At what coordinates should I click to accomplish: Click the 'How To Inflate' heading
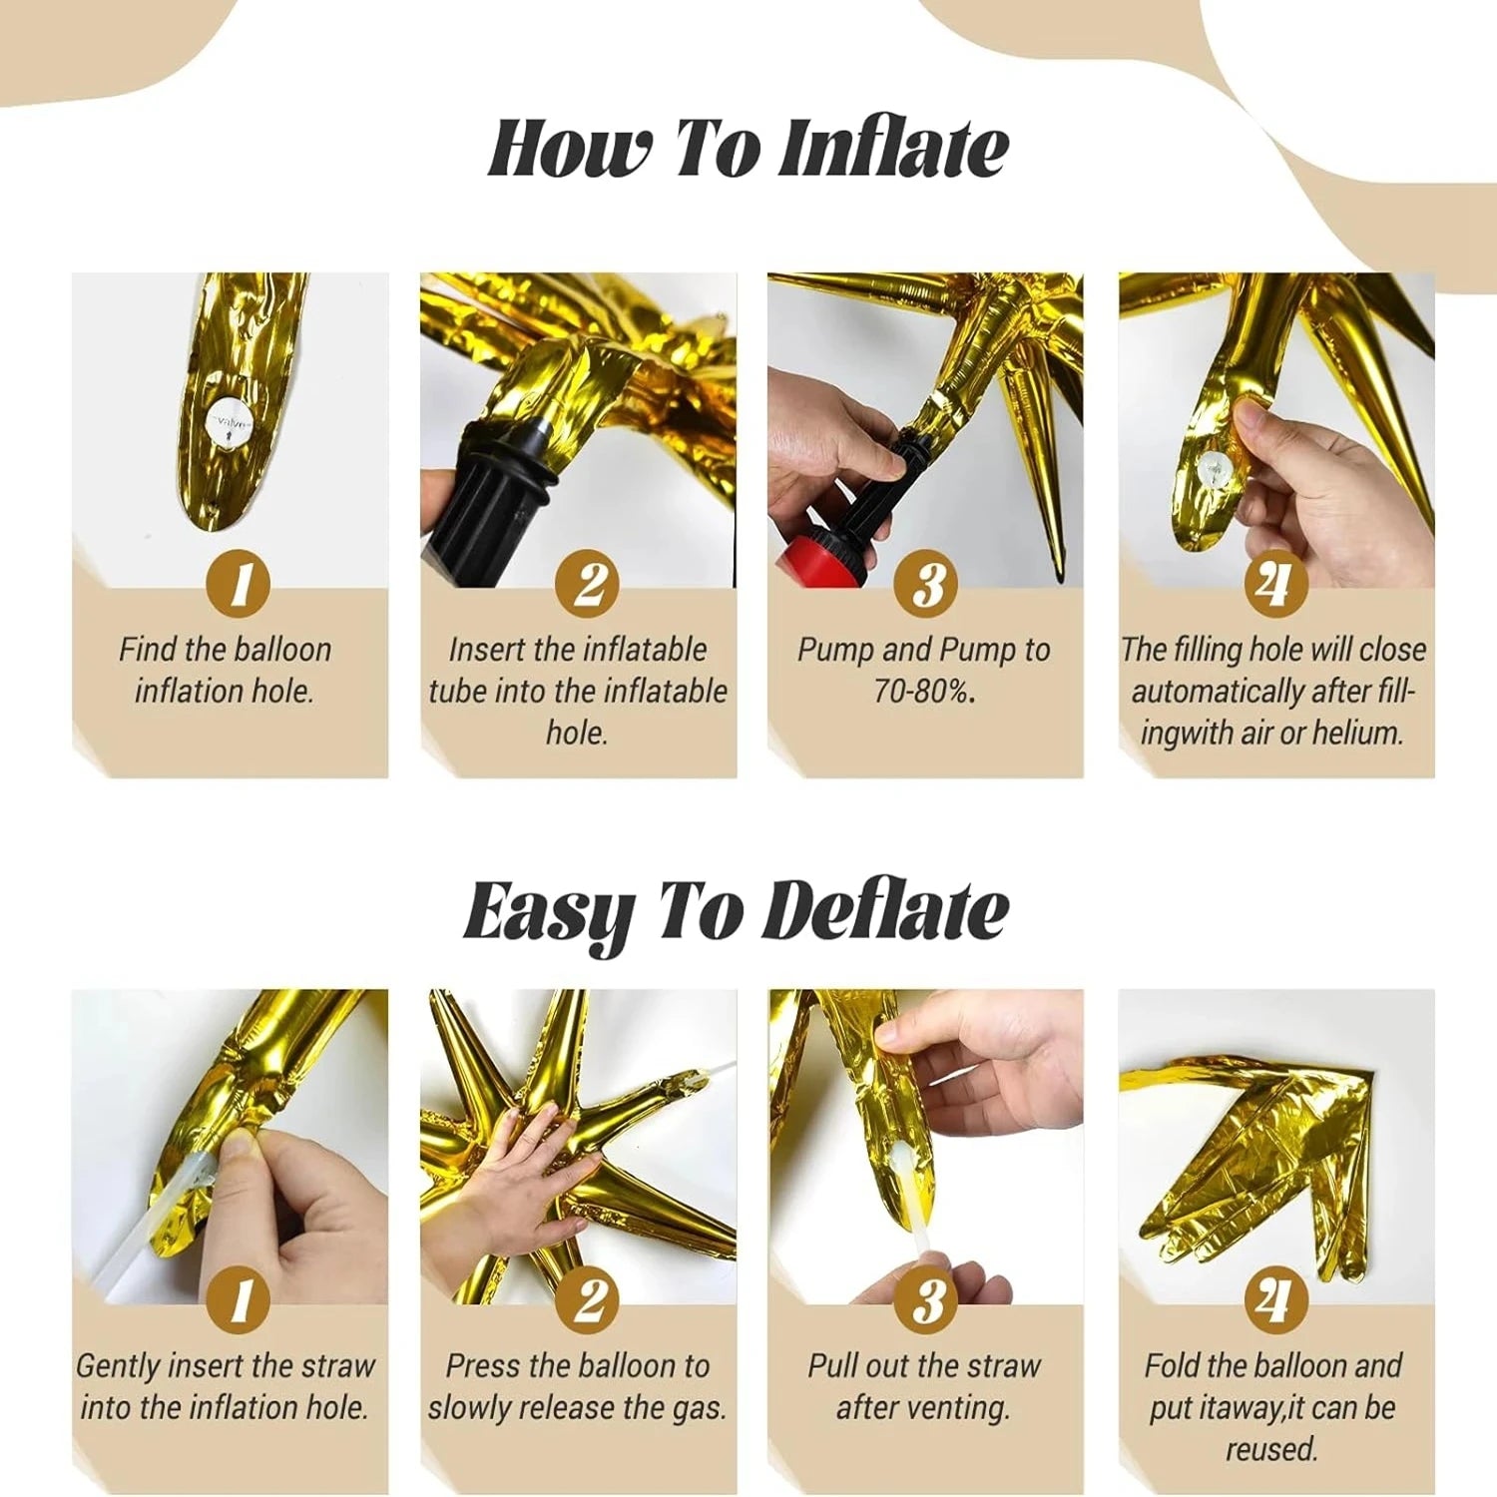coord(748,148)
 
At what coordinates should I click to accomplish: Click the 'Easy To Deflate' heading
coord(737,911)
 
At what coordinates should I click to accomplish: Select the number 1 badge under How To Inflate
coord(239,584)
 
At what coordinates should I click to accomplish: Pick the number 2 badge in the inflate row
coord(588,584)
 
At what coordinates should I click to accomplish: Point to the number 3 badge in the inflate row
coord(926,584)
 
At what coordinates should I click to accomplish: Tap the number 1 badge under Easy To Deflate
coord(239,1299)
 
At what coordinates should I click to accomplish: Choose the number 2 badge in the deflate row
coord(588,1299)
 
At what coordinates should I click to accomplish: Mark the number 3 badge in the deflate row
coord(926,1299)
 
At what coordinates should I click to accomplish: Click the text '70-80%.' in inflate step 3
coord(923,691)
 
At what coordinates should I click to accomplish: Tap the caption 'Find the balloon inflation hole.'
coord(226,670)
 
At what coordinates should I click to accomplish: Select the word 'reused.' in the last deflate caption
coord(1272,1448)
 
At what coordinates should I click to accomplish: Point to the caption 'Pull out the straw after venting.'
coord(924,1386)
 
